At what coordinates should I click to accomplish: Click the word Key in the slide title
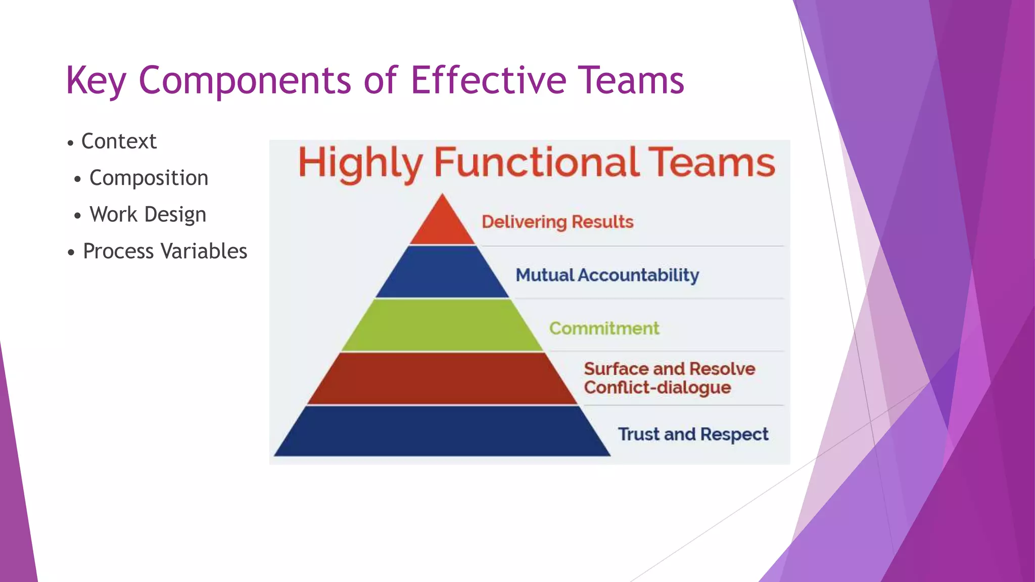96,81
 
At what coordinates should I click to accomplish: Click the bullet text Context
119,141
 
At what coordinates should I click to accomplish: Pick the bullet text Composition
149,178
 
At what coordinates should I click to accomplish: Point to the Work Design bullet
148,214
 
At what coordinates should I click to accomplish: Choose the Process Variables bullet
165,251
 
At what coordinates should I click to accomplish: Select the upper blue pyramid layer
443,273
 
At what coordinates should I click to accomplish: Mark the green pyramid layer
443,326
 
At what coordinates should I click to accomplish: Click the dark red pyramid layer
443,379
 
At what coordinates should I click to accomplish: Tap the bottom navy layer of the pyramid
443,432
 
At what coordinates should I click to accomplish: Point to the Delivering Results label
557,222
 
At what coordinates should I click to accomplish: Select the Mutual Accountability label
607,275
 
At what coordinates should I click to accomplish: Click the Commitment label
604,328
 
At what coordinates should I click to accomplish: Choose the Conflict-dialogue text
657,388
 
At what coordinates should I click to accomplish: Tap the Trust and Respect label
693,434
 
